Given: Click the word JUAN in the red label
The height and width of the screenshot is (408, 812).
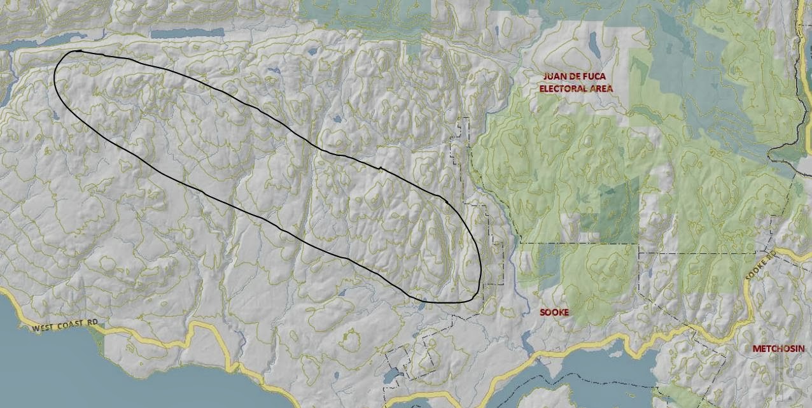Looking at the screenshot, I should coord(554,76).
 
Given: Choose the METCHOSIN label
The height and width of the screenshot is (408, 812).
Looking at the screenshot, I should coord(778,349).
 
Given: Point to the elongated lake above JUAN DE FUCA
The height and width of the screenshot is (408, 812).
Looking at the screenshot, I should coord(593,45).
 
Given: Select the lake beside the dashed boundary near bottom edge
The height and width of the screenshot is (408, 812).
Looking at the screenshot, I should coord(391,375).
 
